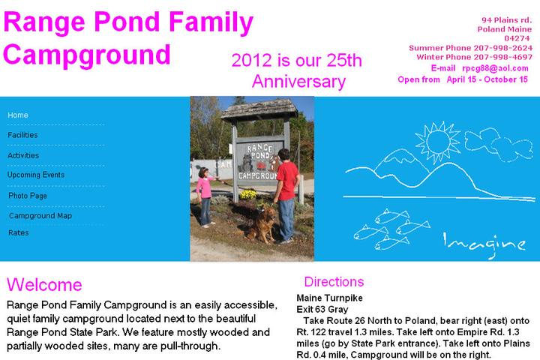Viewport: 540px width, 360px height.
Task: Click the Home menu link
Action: [18, 115]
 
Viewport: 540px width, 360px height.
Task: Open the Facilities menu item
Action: [22, 135]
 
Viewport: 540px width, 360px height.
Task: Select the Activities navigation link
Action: [22, 155]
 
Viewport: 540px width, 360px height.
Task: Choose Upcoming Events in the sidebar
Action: [36, 175]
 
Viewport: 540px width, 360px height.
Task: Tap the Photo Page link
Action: [28, 196]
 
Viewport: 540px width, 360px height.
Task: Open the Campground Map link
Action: [40, 215]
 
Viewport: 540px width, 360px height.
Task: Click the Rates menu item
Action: [19, 233]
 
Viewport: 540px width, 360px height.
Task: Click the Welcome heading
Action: [44, 285]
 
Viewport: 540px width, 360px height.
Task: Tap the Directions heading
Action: [334, 282]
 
